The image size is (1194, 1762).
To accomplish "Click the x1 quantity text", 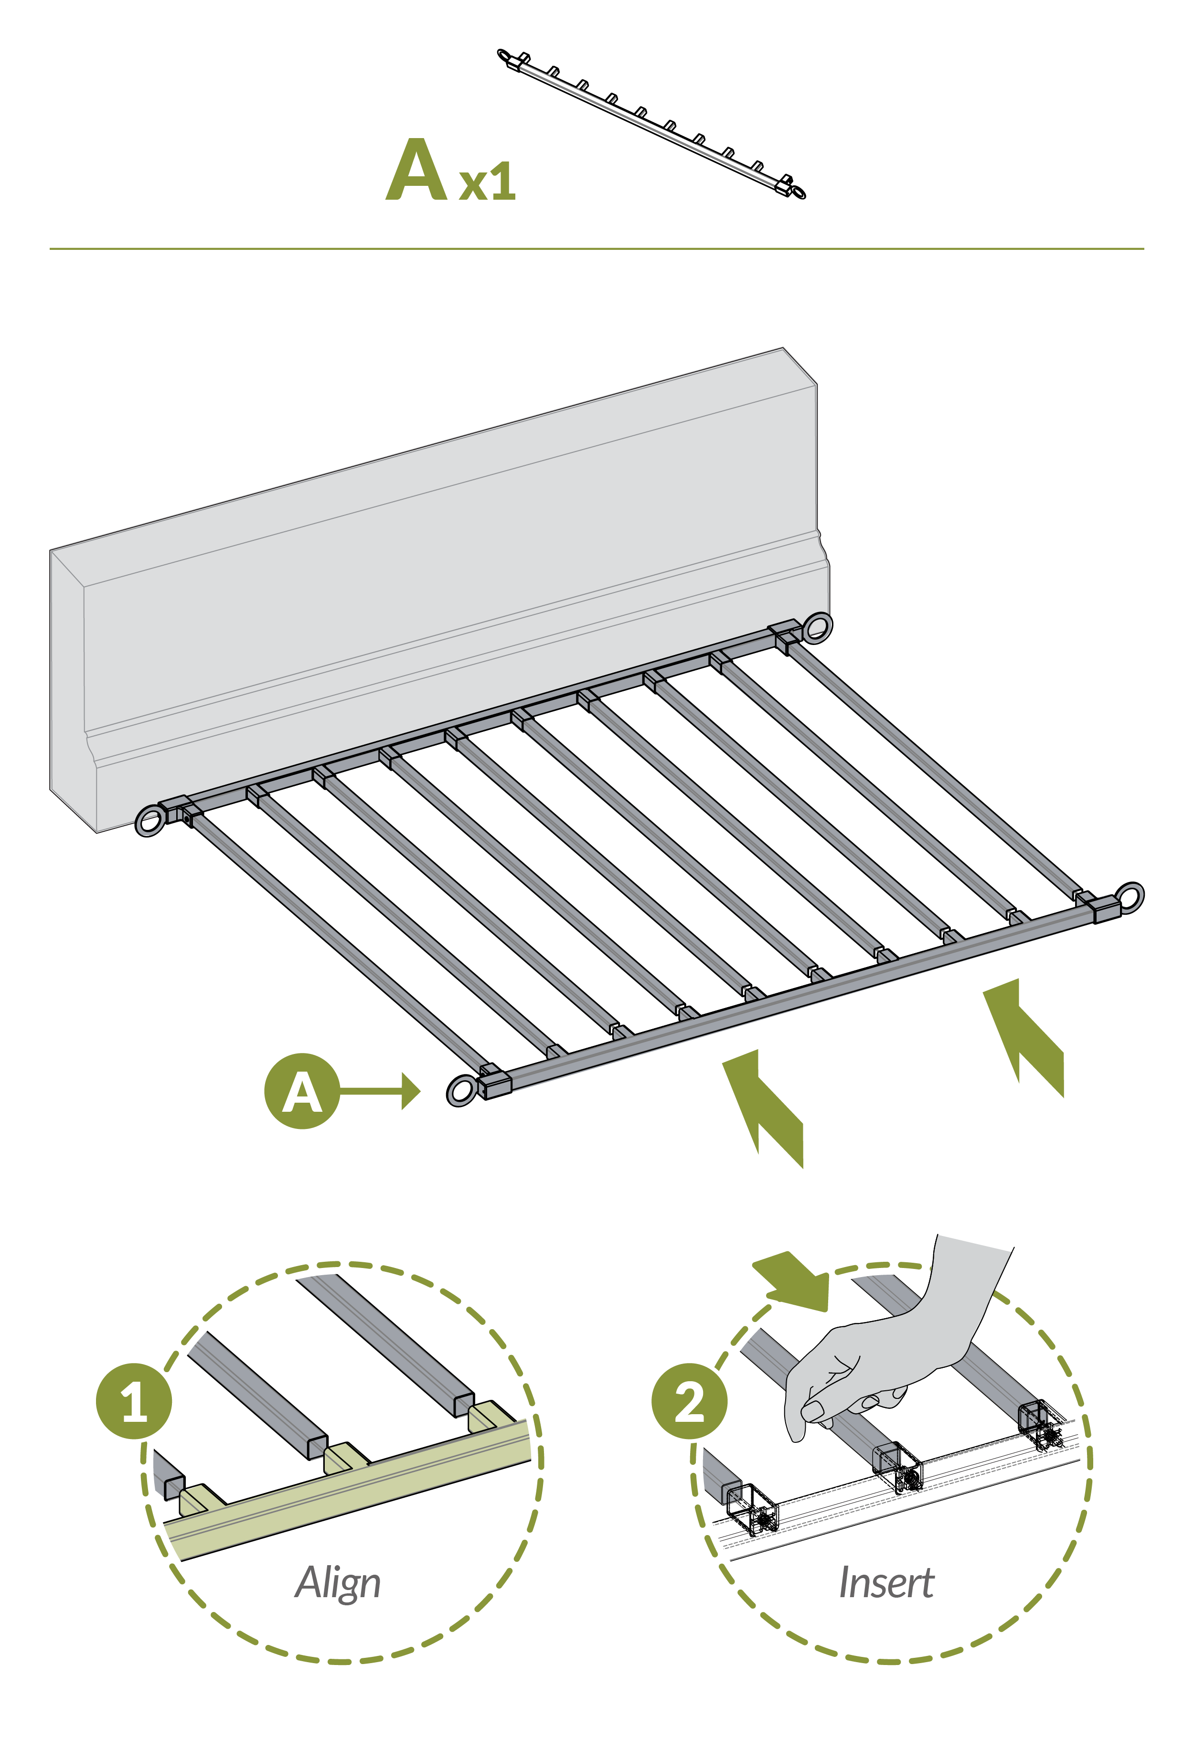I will pos(487,183).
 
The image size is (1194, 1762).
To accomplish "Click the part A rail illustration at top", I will pos(652,124).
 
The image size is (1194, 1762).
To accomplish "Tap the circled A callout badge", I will pos(302,1091).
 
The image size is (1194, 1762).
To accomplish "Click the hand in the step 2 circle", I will pos(887,1357).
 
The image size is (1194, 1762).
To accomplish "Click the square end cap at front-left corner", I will pos(495,1083).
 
